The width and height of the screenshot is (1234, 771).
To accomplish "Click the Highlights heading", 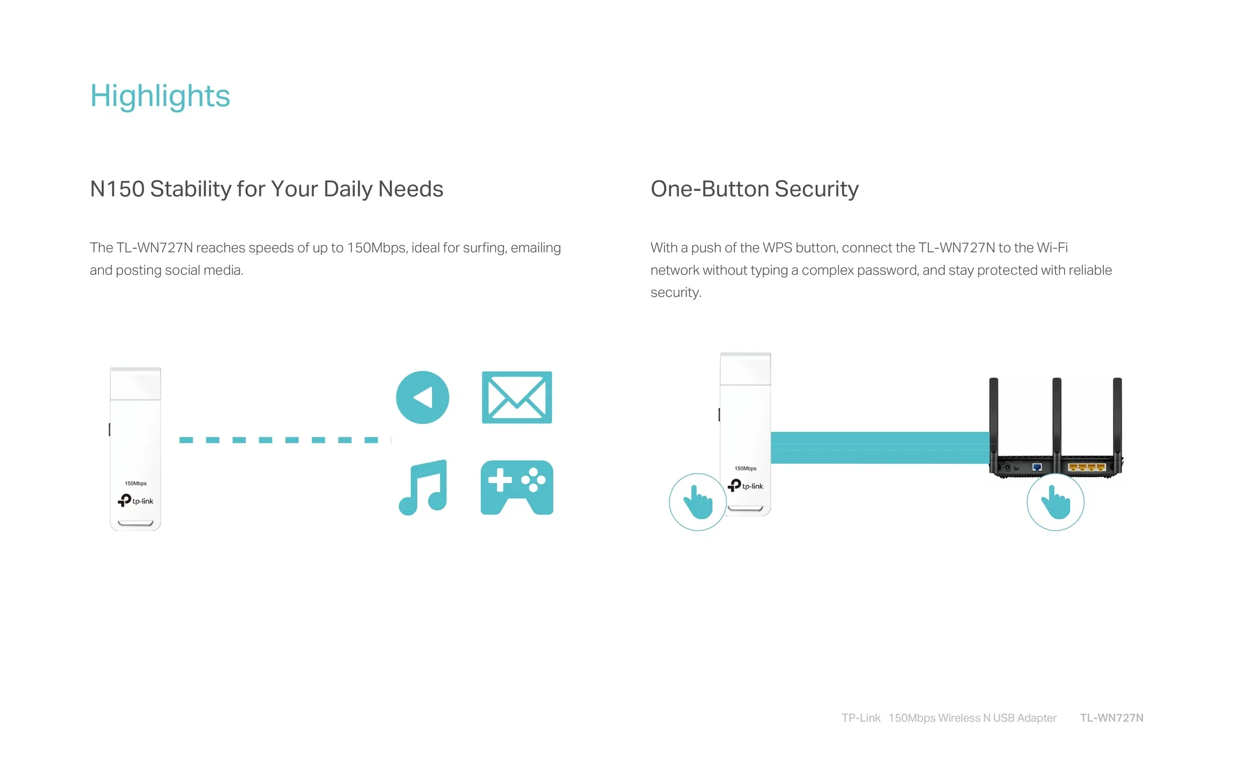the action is (160, 96).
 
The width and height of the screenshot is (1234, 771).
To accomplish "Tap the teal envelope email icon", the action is (517, 398).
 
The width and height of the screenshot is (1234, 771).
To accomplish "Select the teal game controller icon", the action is (517, 488).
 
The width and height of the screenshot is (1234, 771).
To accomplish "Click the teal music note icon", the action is (423, 487).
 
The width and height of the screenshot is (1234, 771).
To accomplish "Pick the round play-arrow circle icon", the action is (422, 398).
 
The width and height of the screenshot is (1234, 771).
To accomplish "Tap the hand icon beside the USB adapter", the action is (698, 502).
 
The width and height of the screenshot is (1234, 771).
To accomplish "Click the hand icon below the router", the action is (1056, 502).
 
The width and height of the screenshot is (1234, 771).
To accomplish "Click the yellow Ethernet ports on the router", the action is (1087, 467).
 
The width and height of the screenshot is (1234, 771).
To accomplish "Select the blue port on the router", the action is (1037, 467).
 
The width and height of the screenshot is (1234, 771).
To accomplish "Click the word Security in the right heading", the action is (816, 189).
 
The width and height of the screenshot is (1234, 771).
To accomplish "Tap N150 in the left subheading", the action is (117, 189).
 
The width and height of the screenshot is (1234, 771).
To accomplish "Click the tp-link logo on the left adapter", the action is (136, 501).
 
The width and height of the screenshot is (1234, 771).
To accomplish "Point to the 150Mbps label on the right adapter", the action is (745, 469).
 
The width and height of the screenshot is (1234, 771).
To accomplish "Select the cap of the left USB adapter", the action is (136, 383).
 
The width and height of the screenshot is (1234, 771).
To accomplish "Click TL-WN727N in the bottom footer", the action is (1112, 718).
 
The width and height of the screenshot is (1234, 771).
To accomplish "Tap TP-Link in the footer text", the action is (861, 718).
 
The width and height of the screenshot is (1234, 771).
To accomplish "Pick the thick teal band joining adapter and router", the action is (880, 448).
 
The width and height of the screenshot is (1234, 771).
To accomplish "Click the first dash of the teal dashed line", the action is (186, 440).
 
